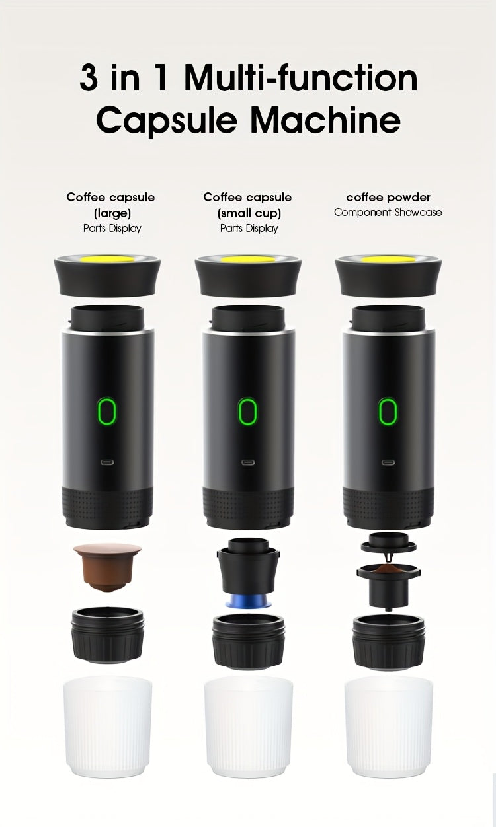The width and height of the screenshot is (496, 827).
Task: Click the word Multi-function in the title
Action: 301,79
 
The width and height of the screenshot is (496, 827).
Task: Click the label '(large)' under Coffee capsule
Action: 110,213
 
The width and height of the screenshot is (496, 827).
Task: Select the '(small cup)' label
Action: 249,213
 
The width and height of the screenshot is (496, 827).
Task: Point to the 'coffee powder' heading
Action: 388,197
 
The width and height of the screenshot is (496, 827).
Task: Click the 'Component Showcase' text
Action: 388,213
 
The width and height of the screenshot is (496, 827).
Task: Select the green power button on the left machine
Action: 106,412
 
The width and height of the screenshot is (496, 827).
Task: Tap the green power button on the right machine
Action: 388,412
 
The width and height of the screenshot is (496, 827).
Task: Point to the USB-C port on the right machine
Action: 388,462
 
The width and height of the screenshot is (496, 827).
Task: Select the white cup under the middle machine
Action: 249,727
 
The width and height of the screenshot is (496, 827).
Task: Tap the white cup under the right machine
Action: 389,727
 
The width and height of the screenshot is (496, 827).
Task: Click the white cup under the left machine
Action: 108,727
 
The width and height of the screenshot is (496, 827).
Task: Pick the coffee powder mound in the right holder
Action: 388,569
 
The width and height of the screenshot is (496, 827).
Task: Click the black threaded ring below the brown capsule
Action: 107,635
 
